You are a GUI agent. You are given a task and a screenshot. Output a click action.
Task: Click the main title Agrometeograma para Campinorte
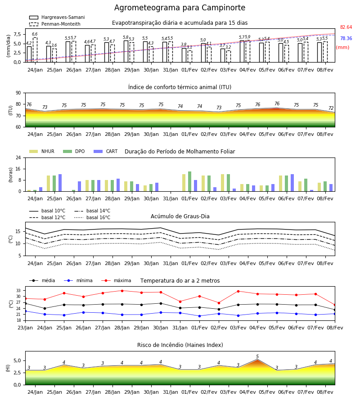pos(180,8)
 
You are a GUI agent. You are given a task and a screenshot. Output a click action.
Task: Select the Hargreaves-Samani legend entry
pos(57,17)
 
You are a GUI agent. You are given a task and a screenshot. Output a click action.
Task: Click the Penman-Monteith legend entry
pos(55,24)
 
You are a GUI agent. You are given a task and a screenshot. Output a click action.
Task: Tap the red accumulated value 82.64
pos(346,27)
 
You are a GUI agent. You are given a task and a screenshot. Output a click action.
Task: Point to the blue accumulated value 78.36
pos(346,38)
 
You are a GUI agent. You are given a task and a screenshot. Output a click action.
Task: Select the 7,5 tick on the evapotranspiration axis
pos(17,34)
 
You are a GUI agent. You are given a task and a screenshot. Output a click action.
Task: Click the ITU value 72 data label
pos(331,108)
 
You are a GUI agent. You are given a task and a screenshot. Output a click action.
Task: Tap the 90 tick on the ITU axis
pos(18,93)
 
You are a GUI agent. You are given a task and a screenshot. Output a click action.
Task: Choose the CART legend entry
pos(106,151)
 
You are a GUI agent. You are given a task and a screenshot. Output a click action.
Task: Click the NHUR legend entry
pos(42,151)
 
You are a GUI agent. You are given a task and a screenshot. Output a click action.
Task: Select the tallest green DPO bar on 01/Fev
pos(190,181)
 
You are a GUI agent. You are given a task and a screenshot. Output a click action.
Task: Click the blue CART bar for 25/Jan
pos(60,183)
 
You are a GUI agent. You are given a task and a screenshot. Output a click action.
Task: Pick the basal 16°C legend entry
pos(92,217)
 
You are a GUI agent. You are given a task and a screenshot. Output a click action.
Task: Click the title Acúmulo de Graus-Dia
pos(180,216)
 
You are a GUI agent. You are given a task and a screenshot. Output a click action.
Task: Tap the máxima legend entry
pos(117,280)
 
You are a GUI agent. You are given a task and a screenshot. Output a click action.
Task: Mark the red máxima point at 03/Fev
pos(238,291)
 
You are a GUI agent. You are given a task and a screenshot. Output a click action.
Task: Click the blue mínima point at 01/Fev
pos(199,316)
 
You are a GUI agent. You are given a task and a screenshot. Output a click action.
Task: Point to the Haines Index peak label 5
pos(257,356)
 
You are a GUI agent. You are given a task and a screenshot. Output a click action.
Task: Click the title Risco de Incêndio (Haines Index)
pos(180,345)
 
